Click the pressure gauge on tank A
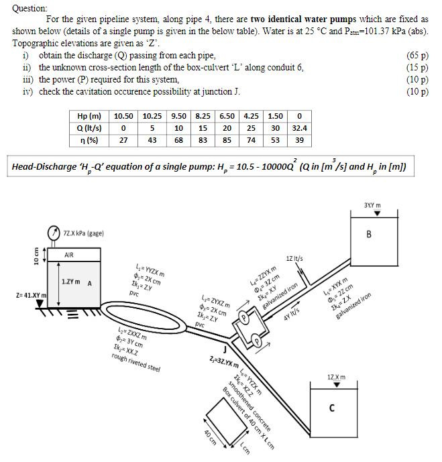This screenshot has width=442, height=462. [52, 232]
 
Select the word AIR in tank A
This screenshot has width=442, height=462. [69, 255]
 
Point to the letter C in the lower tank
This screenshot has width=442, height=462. [332, 407]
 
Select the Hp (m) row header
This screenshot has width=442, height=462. [89, 116]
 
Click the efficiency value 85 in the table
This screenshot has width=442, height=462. [227, 140]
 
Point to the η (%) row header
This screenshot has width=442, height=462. [89, 140]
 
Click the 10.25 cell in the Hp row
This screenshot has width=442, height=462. [152, 116]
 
